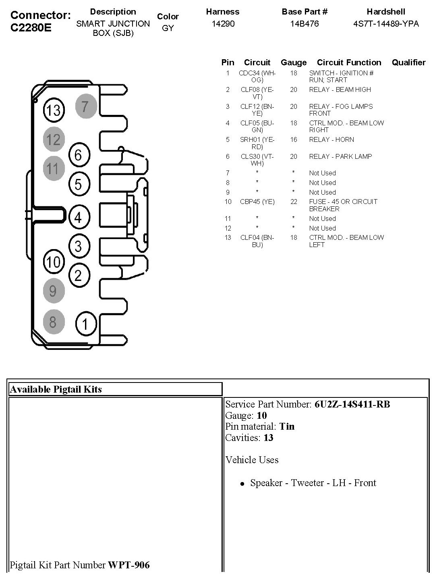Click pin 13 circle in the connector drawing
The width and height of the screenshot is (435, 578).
[x=54, y=110]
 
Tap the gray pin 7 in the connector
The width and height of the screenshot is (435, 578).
[x=86, y=106]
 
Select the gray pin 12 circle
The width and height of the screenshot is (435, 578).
[x=54, y=139]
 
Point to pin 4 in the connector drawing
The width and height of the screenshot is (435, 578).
[x=79, y=218]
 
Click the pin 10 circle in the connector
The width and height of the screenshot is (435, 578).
[x=54, y=262]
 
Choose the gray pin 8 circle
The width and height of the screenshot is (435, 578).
[x=54, y=322]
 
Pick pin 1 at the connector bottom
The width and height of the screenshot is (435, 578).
[x=86, y=324]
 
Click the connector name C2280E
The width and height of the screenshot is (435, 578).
[x=31, y=28]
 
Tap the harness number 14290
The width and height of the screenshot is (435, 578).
[x=223, y=24]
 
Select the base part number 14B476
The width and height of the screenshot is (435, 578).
[x=304, y=24]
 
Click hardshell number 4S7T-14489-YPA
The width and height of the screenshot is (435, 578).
[x=386, y=24]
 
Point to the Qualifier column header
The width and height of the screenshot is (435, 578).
[x=408, y=62]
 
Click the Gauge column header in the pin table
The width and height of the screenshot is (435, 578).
[x=294, y=62]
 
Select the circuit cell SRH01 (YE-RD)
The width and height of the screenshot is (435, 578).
[x=257, y=143]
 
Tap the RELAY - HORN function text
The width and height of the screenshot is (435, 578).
[x=331, y=139]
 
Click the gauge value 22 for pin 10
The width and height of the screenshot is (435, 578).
[x=294, y=202]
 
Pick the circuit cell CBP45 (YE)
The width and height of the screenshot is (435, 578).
[x=257, y=202]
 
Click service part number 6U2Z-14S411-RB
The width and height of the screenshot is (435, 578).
[x=352, y=404]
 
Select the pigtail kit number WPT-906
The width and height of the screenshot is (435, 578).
[x=129, y=565]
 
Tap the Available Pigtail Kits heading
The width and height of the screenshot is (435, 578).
[x=56, y=389]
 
